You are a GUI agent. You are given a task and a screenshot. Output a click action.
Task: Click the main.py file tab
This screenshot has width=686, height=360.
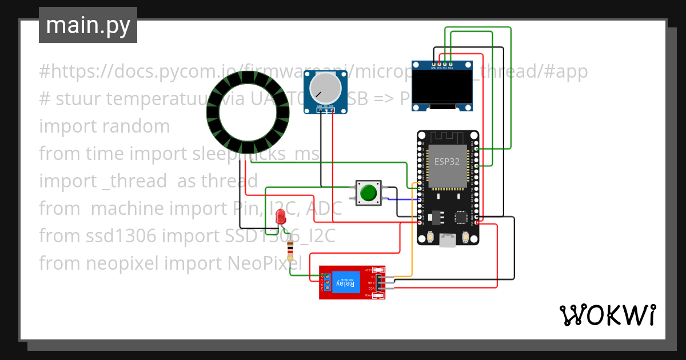[x=87, y=25]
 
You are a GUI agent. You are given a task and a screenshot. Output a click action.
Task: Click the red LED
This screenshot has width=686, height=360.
[x=281, y=217]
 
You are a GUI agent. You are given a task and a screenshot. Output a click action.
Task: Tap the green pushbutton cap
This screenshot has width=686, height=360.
[x=369, y=192]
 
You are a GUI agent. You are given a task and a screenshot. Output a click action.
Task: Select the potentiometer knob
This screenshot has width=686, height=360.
[x=325, y=87]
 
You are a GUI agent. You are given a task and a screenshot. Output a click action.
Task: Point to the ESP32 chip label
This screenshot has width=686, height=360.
[x=446, y=161]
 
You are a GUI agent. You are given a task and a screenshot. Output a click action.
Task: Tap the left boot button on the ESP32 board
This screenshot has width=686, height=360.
[x=429, y=236]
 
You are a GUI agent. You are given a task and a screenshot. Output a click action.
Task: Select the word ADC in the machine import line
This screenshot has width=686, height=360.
[x=324, y=209]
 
